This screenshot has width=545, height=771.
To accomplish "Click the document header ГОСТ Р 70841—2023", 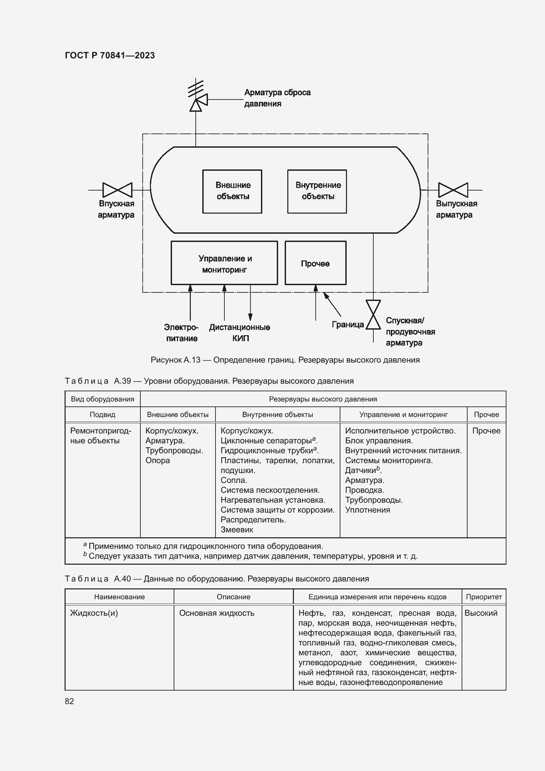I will coord(110,55).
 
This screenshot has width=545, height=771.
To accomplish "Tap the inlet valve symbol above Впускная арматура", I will coord(117,190).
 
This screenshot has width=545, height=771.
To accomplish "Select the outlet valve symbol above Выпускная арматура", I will coord(453,190).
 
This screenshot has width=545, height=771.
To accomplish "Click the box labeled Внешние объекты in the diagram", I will coord(232,192).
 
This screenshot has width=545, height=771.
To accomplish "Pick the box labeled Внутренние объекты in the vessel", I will coord(317,192).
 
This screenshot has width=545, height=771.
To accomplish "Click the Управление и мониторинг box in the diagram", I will coord(224,263).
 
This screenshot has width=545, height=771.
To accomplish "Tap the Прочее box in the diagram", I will coord(315,263).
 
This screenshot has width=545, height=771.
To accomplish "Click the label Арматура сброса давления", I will coord(277,98).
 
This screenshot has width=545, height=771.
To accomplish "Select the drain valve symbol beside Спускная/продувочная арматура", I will coord(373,315).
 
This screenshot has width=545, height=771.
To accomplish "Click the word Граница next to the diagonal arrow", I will coord(348,324).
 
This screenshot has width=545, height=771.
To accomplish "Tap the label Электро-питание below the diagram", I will coord(181,333).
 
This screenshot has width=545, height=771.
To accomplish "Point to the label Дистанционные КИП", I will coord(240,333).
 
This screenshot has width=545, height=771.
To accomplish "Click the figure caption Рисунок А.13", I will coord(285,360).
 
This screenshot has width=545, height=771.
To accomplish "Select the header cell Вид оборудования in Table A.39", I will coord(102,399).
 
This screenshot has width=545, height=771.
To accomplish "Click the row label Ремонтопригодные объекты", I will coord(100,435).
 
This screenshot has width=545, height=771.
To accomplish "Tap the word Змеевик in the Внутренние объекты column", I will coord(237,530).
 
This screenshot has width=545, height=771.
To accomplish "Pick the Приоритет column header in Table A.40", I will coord(484,597).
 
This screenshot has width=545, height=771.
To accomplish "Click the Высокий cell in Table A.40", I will coord(480,613).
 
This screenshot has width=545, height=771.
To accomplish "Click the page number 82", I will coord(69,701).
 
